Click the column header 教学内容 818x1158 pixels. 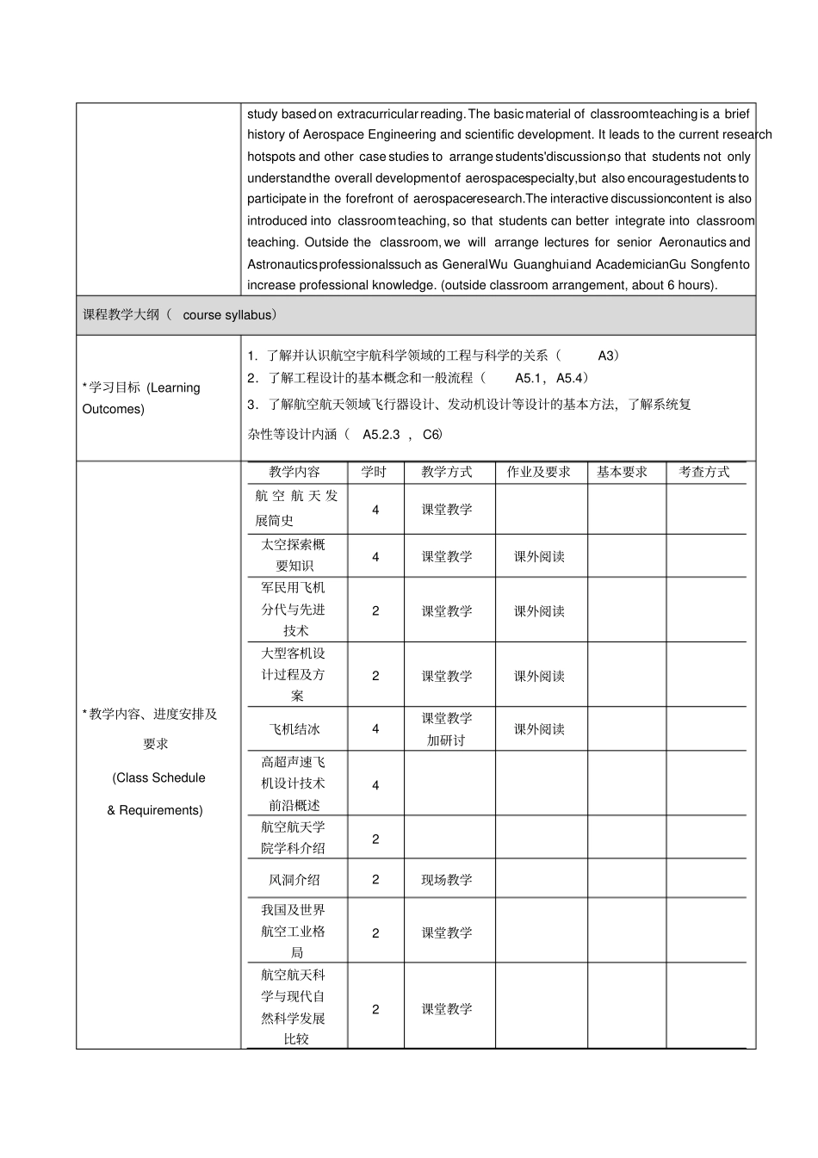click(x=294, y=472)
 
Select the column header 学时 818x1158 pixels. click(x=374, y=472)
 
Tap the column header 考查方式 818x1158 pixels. click(x=704, y=472)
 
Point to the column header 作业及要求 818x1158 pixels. click(x=539, y=472)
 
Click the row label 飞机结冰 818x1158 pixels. click(x=294, y=729)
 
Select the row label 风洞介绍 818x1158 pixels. click(x=294, y=880)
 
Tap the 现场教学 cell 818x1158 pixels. click(x=447, y=880)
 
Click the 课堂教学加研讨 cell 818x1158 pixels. click(x=447, y=729)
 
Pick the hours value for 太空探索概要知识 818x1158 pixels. click(x=375, y=557)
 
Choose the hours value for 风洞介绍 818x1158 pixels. click(x=375, y=880)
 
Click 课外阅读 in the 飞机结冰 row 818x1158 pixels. click(x=540, y=729)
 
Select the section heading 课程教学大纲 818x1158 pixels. click(x=121, y=315)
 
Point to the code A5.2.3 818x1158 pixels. click(x=381, y=435)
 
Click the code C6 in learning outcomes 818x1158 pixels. click(x=432, y=435)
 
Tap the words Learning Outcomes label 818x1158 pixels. click(x=142, y=398)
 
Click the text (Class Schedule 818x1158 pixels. click(x=159, y=778)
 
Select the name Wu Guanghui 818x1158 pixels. click(x=529, y=264)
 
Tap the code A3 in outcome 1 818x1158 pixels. click(x=607, y=356)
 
